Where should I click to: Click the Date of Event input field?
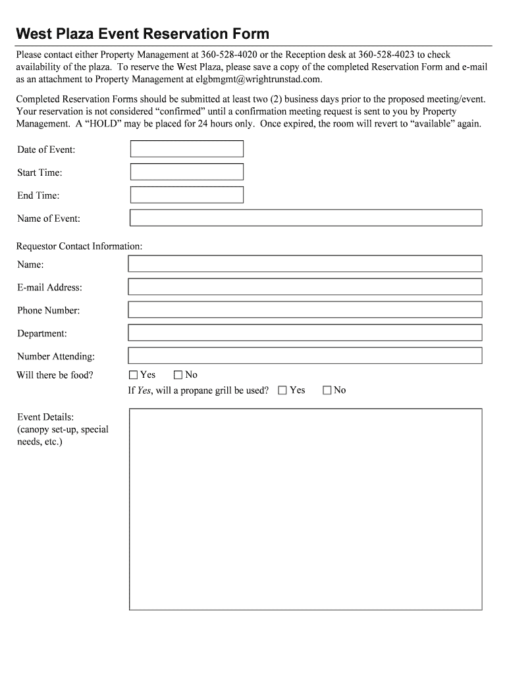[187, 149]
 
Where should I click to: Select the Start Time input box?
[187, 172]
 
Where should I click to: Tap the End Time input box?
[187, 195]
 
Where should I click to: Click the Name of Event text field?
[306, 218]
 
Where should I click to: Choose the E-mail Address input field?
[305, 287]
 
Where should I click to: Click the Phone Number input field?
[305, 310]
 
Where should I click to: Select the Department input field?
[305, 333]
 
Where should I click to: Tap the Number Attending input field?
[305, 356]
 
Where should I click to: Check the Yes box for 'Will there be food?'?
[134, 375]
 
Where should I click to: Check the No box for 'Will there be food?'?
[178, 375]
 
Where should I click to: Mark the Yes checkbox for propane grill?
[282, 390]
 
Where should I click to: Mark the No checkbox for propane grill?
[327, 390]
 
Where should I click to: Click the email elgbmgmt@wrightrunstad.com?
[258, 80]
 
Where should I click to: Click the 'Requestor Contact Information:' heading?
[79, 246]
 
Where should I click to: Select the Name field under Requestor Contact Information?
[305, 264]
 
